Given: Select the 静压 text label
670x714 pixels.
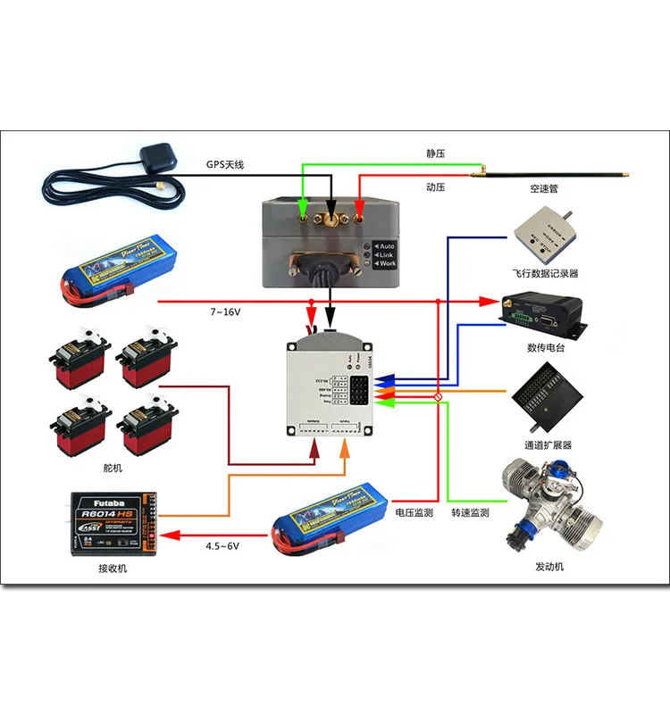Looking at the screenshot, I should [x=435, y=154].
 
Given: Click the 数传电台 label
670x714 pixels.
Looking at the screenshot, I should [x=542, y=347].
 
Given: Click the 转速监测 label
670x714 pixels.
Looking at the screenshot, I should [x=470, y=513].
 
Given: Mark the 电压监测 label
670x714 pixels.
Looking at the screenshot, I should [x=414, y=513].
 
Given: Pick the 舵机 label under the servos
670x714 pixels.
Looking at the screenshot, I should [x=113, y=467].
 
